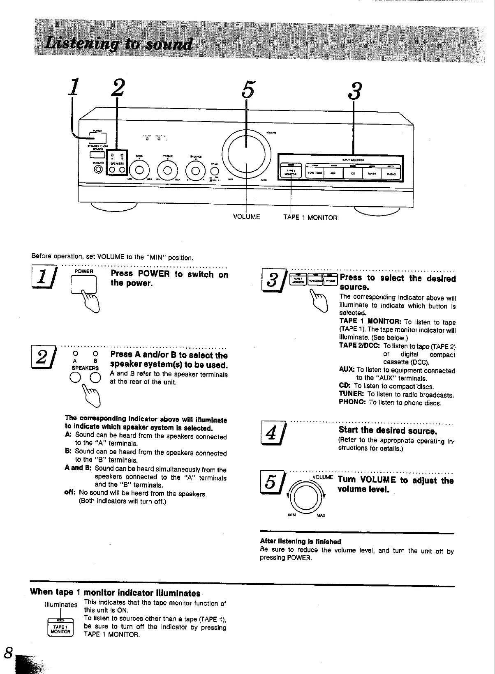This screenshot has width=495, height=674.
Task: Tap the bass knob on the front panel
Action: [139, 170]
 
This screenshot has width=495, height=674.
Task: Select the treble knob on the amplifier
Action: [167, 170]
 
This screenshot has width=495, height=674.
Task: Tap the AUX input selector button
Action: [333, 173]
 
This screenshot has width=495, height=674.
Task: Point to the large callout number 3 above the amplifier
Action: [355, 91]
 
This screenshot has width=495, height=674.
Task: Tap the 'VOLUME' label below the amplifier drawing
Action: [246, 217]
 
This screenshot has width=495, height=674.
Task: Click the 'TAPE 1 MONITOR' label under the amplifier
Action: [310, 218]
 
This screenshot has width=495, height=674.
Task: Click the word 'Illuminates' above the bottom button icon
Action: [61, 605]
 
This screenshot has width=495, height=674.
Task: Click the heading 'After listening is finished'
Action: [301, 541]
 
